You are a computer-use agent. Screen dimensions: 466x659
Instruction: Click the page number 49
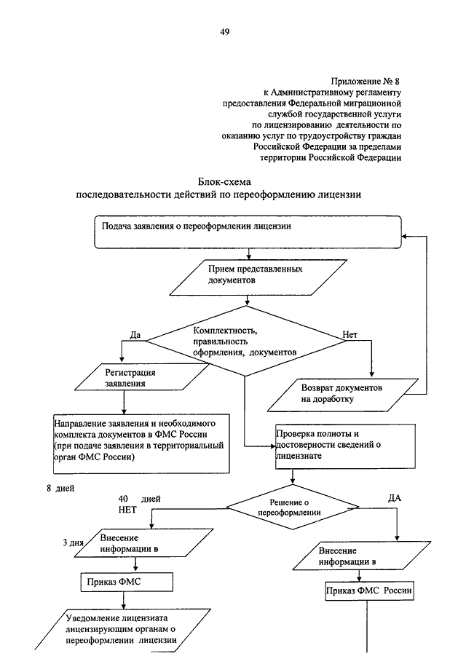click(x=225, y=32)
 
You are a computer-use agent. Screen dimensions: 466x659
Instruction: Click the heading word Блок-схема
click(x=224, y=182)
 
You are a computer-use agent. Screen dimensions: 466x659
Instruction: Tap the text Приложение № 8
click(x=365, y=81)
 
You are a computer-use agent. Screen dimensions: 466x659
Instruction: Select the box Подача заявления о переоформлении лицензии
click(x=248, y=232)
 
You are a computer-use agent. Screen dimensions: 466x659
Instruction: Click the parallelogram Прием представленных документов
click(x=258, y=277)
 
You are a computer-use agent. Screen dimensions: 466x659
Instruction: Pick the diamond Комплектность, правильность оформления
click(x=246, y=341)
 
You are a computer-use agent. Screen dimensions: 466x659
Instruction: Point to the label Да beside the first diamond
click(x=135, y=335)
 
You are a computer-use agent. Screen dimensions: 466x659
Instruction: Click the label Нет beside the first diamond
click(x=349, y=334)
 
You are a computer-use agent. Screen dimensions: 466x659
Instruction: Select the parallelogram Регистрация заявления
click(x=142, y=377)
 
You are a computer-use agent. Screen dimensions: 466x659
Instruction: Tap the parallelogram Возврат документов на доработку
click(x=343, y=395)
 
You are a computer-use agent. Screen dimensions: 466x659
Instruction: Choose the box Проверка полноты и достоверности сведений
click(x=345, y=446)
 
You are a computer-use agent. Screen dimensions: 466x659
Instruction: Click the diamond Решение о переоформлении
click(x=293, y=508)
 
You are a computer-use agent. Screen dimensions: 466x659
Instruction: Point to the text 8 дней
click(x=60, y=489)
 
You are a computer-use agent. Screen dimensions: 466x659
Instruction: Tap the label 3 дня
click(x=73, y=542)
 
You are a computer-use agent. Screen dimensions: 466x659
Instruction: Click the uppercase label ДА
click(x=394, y=498)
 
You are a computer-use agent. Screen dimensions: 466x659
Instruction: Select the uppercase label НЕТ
click(x=127, y=510)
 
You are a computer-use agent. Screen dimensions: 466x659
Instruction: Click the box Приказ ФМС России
click(x=369, y=591)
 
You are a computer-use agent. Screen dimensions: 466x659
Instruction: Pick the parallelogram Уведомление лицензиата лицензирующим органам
click(x=123, y=630)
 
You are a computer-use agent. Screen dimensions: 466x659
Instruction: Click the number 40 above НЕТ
click(x=123, y=499)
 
